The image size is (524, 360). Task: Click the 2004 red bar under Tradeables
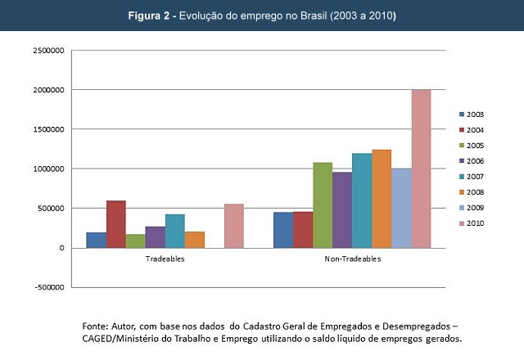point(116,224)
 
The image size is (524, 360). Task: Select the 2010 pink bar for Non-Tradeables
point(421,169)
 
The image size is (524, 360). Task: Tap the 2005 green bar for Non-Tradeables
point(323,205)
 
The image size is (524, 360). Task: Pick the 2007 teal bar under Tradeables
point(175,231)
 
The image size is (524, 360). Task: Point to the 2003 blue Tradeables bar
point(97,240)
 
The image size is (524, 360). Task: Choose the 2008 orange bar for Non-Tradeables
point(382,199)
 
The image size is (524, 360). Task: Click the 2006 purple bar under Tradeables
point(156,236)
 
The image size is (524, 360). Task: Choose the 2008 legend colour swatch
point(460,191)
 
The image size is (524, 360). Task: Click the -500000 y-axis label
point(48,287)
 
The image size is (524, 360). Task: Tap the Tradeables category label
point(165,259)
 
